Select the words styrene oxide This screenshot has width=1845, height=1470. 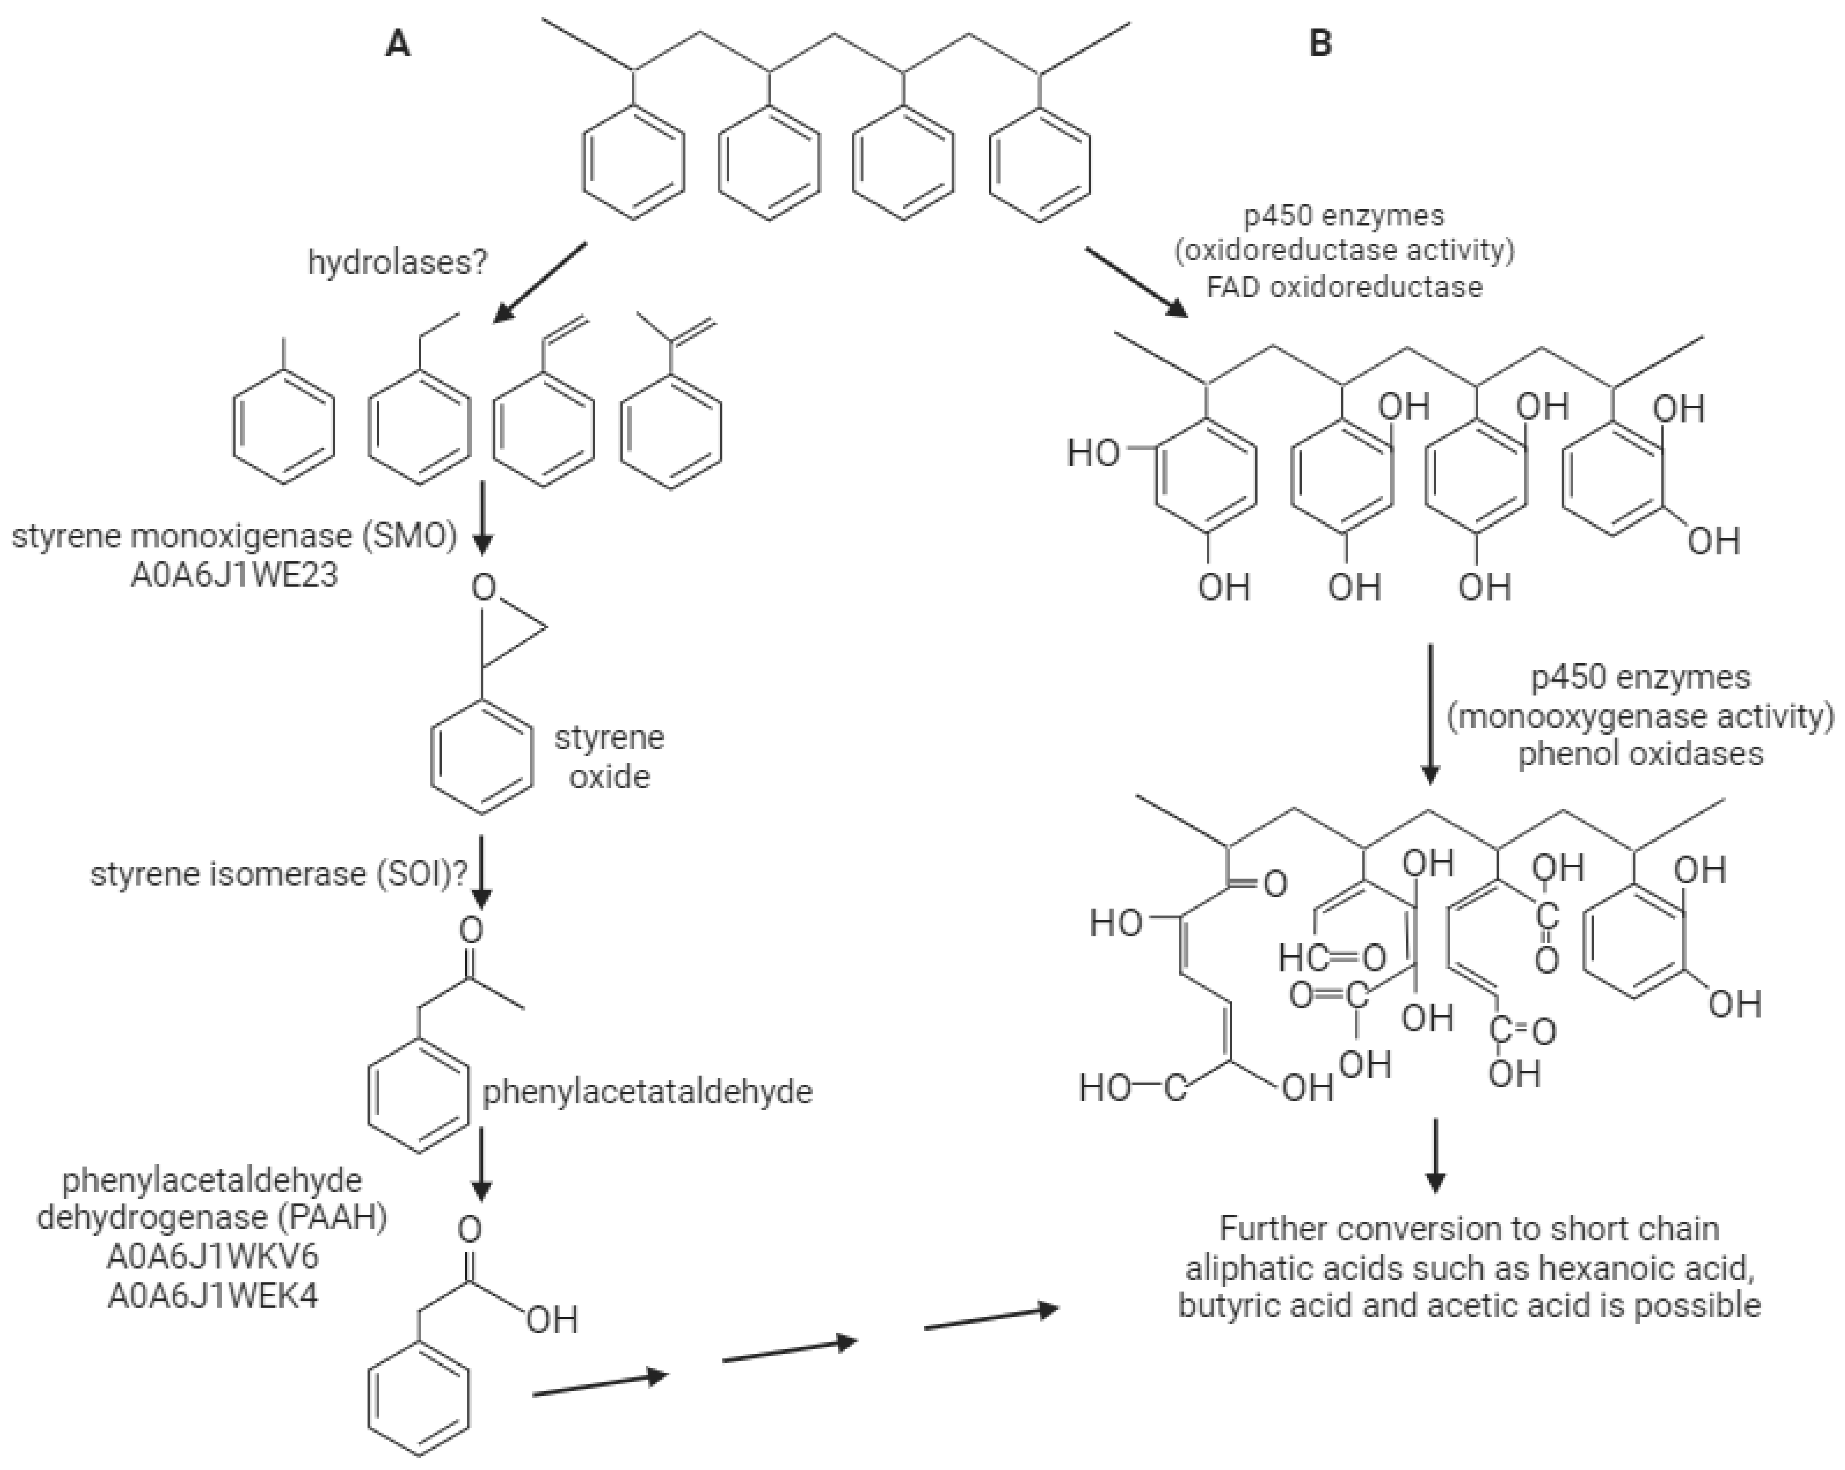pyautogui.click(x=609, y=757)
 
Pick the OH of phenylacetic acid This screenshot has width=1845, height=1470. pyautogui.click(x=552, y=1320)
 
